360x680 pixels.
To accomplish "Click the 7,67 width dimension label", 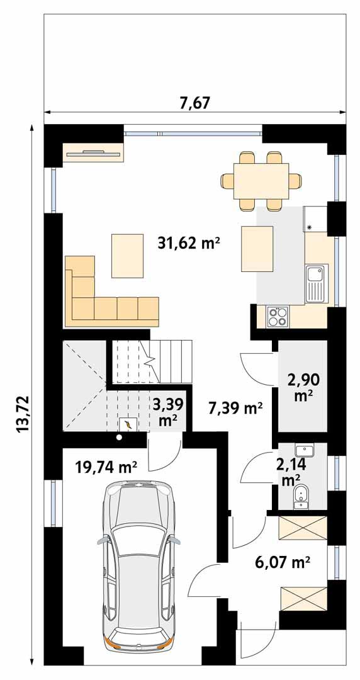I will (x=194, y=103).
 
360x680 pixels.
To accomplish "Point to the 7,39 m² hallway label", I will (x=235, y=409).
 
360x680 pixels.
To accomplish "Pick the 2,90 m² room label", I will (x=303, y=387).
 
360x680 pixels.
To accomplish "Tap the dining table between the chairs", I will (x=261, y=181).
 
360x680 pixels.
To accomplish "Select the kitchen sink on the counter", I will (x=315, y=282).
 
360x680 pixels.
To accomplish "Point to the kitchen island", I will (x=257, y=249).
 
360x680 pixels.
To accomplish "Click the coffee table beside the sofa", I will (x=128, y=255).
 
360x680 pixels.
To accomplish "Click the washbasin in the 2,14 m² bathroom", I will (x=305, y=451).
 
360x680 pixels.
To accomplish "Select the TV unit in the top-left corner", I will (x=93, y=152).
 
